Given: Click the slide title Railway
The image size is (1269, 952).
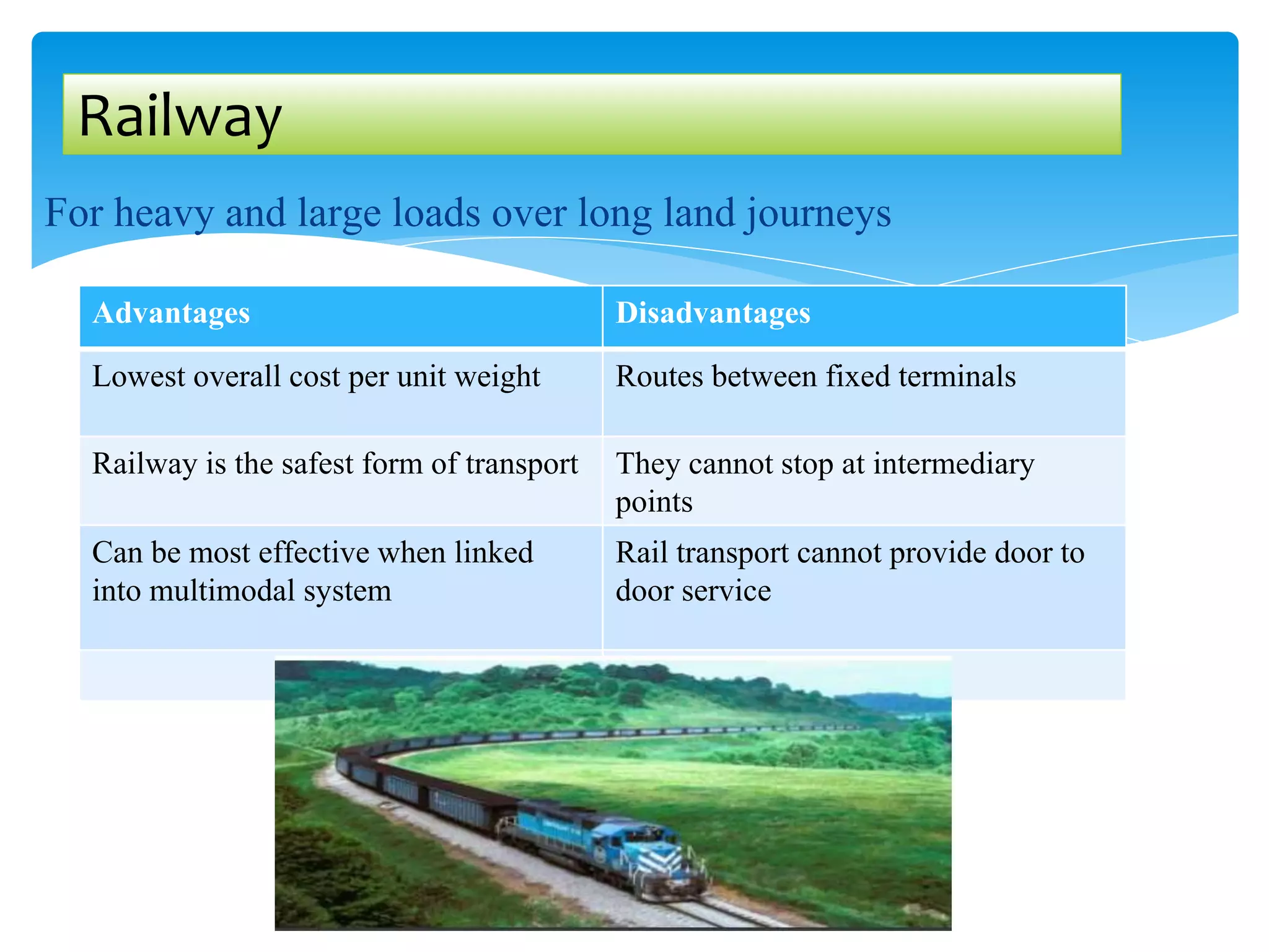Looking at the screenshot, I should point(180,116).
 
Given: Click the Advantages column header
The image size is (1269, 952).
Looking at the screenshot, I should point(171,313).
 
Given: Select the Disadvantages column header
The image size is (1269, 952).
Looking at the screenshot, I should point(713,313).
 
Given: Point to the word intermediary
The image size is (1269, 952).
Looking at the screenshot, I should point(954,464).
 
